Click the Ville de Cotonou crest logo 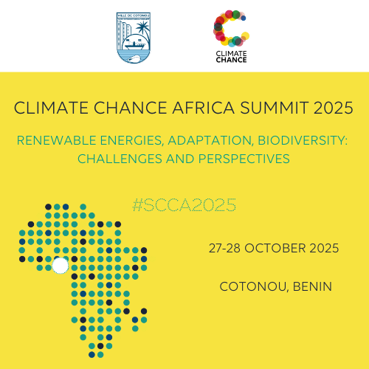(x=134, y=38)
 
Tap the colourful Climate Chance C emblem (x=231, y=28)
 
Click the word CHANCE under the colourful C (x=231, y=60)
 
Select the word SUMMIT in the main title (x=274, y=108)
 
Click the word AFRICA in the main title (x=204, y=108)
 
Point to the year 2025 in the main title (x=334, y=108)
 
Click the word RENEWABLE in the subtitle (x=56, y=140)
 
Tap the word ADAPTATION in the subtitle (x=210, y=141)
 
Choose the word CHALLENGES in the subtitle (x=120, y=159)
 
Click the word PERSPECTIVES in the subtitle (x=244, y=159)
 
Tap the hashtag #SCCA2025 (x=184, y=205)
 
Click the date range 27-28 (x=224, y=248)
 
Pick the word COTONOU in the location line (x=254, y=287)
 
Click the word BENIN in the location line (x=312, y=286)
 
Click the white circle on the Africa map (x=60, y=266)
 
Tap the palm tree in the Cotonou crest (x=142, y=28)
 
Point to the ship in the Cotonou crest (x=134, y=45)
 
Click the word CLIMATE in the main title (x=51, y=108)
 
